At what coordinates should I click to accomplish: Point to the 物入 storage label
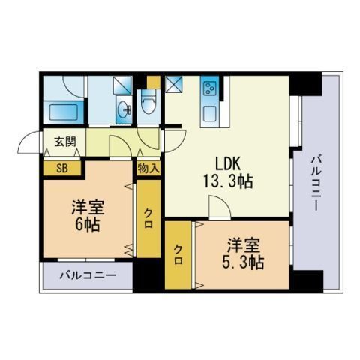pyautogui.click(x=148, y=168)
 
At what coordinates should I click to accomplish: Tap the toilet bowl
pyautogui.click(x=149, y=103)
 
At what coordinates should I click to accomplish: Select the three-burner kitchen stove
pyautogui.click(x=209, y=88)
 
